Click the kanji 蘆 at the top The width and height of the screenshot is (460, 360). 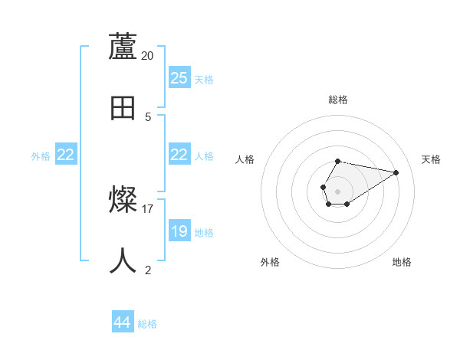[x=123, y=47]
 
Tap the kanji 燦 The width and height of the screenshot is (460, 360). [x=123, y=200]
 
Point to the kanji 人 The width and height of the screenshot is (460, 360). [x=123, y=261]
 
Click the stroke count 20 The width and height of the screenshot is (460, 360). [x=148, y=55]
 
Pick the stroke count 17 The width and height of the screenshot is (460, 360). [x=148, y=208]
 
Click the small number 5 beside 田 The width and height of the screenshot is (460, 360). [x=148, y=116]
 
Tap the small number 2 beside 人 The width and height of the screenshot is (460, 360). [x=148, y=270]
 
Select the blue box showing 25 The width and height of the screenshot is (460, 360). [x=179, y=78]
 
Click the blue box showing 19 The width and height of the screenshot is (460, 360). [x=179, y=231]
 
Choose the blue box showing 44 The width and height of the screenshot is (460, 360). [x=123, y=322]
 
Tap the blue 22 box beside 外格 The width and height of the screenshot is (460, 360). [x=66, y=155]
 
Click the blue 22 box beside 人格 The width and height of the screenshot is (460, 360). [x=179, y=155]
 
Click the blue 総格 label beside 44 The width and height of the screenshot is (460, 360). [x=147, y=324]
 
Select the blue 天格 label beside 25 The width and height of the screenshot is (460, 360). [x=204, y=80]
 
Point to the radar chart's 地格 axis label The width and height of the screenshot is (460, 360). [x=402, y=262]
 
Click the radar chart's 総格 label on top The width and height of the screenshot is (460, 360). [x=338, y=100]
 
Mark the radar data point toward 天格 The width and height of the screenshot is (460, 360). [x=396, y=172]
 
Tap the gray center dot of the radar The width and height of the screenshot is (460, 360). [x=337, y=190]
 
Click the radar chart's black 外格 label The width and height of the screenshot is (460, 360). [x=270, y=262]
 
